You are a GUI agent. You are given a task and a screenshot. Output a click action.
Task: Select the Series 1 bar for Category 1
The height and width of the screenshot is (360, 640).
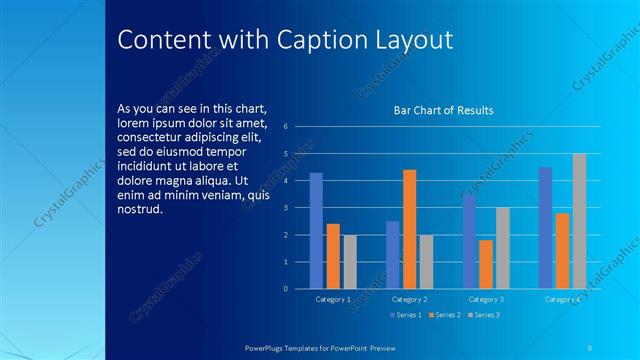pos(316,231)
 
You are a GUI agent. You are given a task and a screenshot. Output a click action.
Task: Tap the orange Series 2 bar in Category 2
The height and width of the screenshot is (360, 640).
pos(409,229)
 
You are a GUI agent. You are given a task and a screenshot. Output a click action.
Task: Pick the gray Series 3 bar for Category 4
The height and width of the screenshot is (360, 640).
pos(579,221)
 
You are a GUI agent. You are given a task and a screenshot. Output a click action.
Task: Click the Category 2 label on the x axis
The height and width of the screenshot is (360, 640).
pos(409,299)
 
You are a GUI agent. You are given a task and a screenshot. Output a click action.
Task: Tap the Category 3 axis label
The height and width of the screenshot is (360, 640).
pos(486,299)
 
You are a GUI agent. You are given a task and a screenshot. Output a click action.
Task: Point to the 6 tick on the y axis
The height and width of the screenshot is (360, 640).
pos(286,127)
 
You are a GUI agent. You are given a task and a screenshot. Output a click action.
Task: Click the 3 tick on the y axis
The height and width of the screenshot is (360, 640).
pos(286,208)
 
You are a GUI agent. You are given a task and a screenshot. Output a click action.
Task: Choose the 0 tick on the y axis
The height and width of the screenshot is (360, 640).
pos(286,289)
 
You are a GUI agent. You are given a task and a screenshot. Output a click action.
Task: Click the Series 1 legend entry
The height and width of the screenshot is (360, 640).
pos(404,315)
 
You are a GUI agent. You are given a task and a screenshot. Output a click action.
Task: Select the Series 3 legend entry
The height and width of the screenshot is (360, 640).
pos(484,315)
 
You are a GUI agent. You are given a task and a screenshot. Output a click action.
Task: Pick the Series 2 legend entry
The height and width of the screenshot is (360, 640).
pos(444,315)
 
